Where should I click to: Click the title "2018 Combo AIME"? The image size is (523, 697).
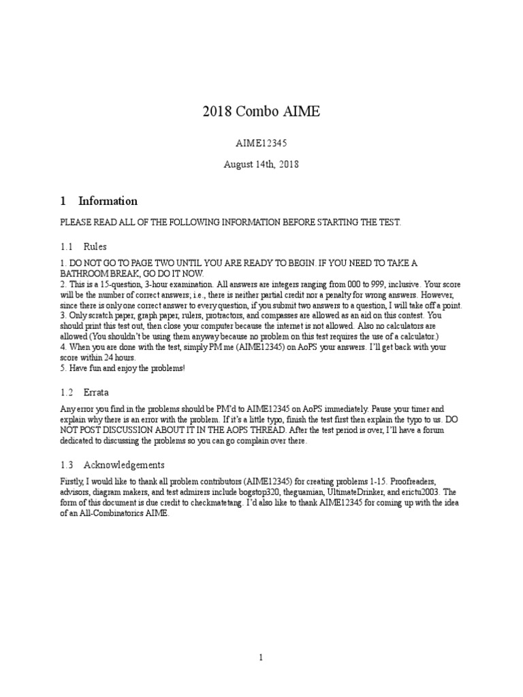click(261, 112)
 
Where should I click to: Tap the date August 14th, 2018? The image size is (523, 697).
click(261, 164)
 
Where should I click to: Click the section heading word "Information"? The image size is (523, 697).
click(108, 201)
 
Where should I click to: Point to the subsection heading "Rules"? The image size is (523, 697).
click(95, 246)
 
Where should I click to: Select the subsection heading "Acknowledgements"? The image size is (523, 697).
click(124, 465)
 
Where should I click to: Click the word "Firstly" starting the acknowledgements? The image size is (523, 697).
click(72, 481)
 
